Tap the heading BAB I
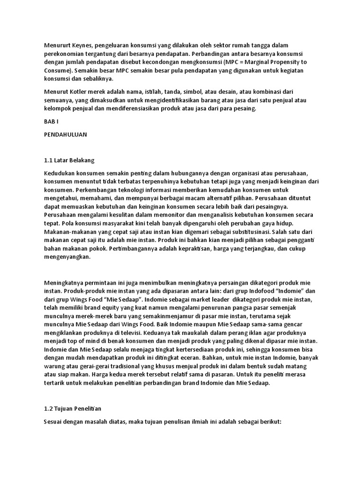pyautogui.click(x=50, y=121)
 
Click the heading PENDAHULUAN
pyautogui.click(x=65, y=134)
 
